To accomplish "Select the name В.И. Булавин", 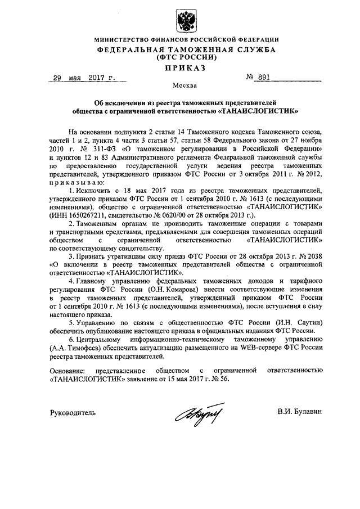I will (x=300, y=412).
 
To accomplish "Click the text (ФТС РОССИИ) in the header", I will (x=185, y=57).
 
